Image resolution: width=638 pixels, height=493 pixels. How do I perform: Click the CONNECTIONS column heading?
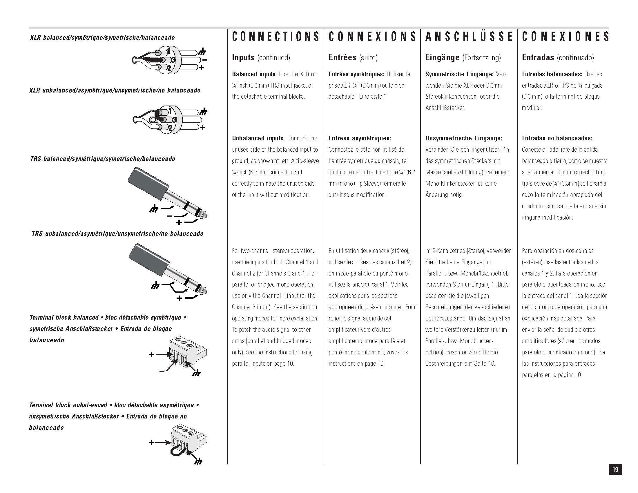tap(275, 37)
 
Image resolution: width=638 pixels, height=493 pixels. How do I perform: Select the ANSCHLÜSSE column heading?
tap(469, 37)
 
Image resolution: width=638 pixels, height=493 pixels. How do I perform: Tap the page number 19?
tap(615, 470)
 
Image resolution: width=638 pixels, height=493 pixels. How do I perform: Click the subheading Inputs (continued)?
tap(261, 57)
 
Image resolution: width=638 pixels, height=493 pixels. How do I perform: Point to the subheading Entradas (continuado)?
tap(558, 57)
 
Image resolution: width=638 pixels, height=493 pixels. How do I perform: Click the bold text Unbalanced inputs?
tap(257, 138)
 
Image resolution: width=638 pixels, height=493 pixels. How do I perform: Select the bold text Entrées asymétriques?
tap(359, 138)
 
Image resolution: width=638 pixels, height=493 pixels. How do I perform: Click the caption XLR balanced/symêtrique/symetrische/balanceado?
tap(102, 38)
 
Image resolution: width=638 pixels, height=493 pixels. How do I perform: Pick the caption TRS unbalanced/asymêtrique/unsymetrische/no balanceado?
tap(117, 234)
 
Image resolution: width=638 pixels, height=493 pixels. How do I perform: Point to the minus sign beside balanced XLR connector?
tap(204, 60)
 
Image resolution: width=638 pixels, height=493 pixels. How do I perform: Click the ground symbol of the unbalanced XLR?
tap(203, 112)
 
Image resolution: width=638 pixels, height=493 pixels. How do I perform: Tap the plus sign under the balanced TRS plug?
tap(179, 222)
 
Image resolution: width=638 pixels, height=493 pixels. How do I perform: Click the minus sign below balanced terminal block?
tap(162, 371)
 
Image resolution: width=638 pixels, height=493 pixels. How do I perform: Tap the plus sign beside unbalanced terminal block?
tap(151, 443)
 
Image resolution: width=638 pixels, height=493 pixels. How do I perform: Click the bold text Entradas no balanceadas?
tap(557, 138)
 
